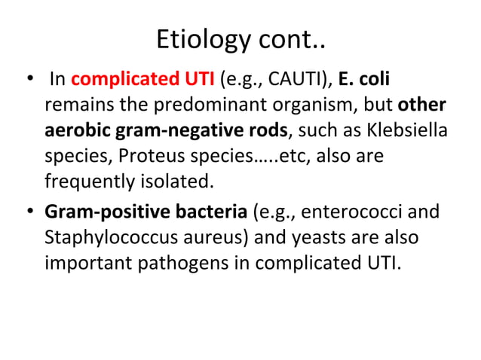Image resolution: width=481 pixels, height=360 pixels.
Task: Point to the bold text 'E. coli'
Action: [365, 79]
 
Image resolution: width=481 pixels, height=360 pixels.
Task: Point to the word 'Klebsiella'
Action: [406, 131]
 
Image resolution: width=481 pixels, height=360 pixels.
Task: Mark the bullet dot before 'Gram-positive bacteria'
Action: [31, 212]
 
